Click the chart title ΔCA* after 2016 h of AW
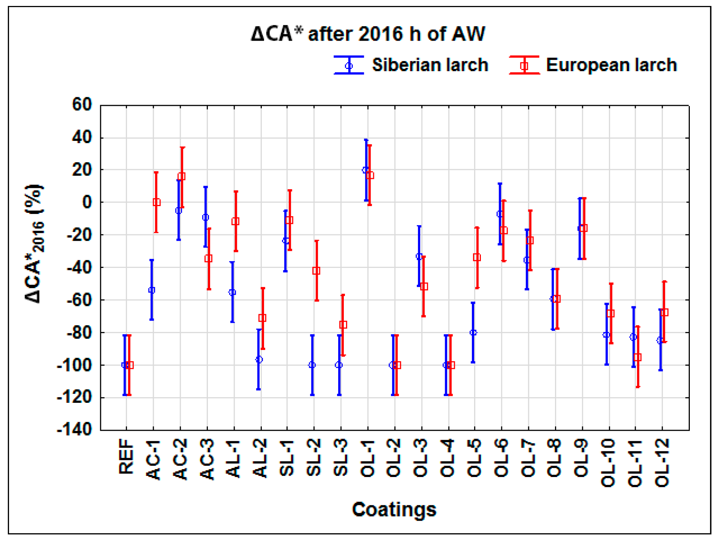(368, 34)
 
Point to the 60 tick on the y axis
(82, 105)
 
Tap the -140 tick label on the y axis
(74, 430)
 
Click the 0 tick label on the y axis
(87, 202)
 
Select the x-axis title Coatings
(394, 509)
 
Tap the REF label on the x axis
(126, 456)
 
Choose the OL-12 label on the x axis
(662, 462)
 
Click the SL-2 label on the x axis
(314, 458)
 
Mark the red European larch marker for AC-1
(156, 202)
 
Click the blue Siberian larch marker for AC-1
(152, 290)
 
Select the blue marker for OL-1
(365, 170)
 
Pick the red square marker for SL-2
(316, 271)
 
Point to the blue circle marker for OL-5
(473, 332)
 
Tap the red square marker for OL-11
(637, 357)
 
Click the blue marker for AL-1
(232, 292)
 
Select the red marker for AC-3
(209, 258)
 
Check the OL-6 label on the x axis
(501, 458)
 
